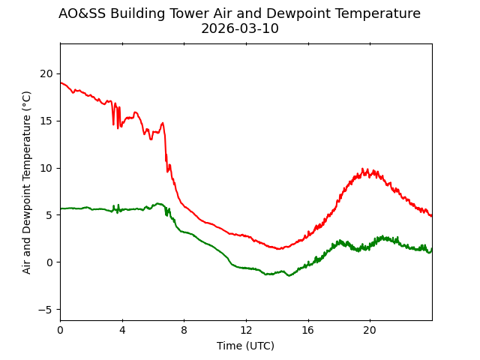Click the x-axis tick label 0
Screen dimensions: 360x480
click(x=60, y=331)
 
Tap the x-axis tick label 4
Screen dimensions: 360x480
click(x=122, y=331)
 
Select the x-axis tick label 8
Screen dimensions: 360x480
click(x=184, y=331)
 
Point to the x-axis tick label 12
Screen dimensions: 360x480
click(x=246, y=331)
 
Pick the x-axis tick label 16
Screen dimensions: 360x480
click(x=308, y=331)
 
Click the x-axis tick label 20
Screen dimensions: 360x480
click(x=370, y=331)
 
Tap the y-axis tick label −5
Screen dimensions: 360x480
click(x=46, y=309)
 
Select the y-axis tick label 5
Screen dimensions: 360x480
click(x=49, y=214)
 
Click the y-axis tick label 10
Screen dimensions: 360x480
click(x=46, y=167)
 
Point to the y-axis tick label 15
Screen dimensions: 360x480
click(x=46, y=121)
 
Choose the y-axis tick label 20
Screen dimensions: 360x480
click(x=46, y=73)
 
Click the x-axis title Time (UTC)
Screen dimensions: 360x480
click(x=246, y=346)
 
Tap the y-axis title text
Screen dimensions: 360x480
click(x=27, y=182)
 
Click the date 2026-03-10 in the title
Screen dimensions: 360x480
click(x=240, y=29)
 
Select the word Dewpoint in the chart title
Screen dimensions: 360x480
click(x=290, y=13)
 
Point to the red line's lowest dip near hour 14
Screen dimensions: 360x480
click(x=279, y=248)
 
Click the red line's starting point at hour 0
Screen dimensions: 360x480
click(x=61, y=82)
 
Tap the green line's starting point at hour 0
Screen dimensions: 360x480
click(x=61, y=208)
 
